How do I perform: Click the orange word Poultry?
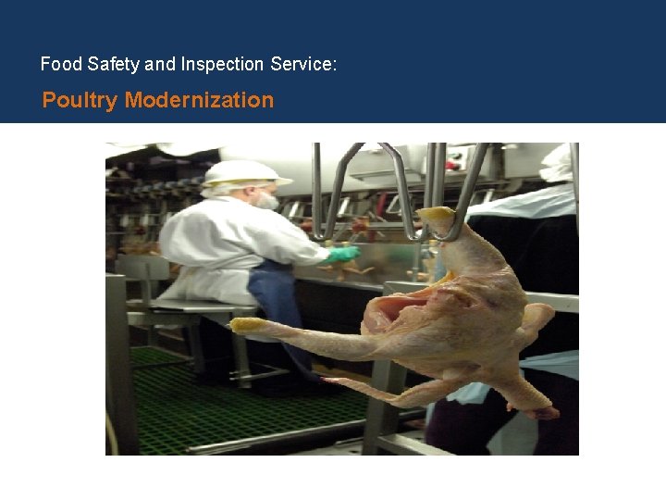(80, 100)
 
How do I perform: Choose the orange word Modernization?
(199, 100)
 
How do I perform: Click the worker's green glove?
(343, 253)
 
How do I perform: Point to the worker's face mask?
(266, 199)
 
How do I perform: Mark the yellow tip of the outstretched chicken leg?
(245, 325)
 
